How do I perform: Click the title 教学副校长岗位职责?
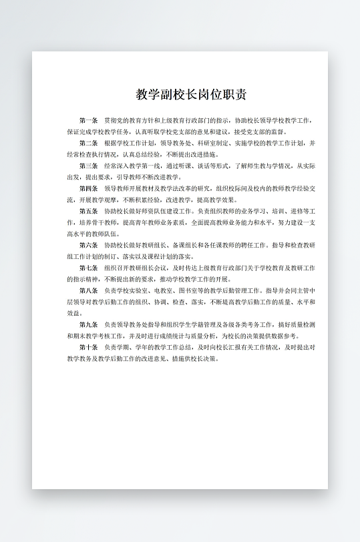pos(192,94)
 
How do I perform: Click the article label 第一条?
pos(88,121)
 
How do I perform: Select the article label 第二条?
pos(88,143)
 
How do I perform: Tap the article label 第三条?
pos(88,166)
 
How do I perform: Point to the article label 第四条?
pos(88,188)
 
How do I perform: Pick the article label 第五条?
pos(88,211)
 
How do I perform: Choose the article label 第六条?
pos(88,245)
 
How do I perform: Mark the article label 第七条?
pos(88,268)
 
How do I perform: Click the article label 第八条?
pos(88,290)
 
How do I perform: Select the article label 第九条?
pos(88,324)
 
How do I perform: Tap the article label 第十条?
pos(88,347)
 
